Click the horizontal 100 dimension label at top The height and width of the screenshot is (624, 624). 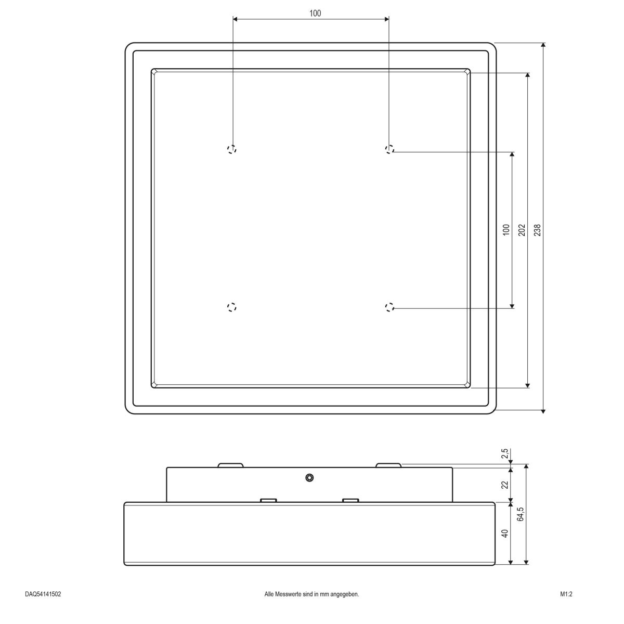tap(315, 14)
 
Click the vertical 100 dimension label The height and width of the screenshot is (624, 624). tap(506, 230)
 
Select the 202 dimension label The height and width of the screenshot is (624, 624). tap(522, 230)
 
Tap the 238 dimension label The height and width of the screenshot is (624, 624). tap(537, 230)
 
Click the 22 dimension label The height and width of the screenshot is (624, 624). tap(505, 485)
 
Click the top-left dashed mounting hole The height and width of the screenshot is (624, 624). tap(232, 149)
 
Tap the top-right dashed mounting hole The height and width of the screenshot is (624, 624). tap(389, 149)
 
